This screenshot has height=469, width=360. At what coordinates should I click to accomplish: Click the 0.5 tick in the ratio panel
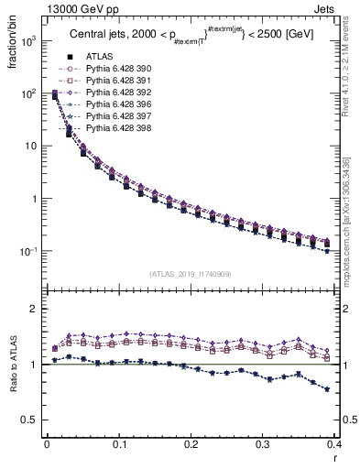click(x=30, y=420)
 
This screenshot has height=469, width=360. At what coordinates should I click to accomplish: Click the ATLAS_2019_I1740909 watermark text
click(x=190, y=274)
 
